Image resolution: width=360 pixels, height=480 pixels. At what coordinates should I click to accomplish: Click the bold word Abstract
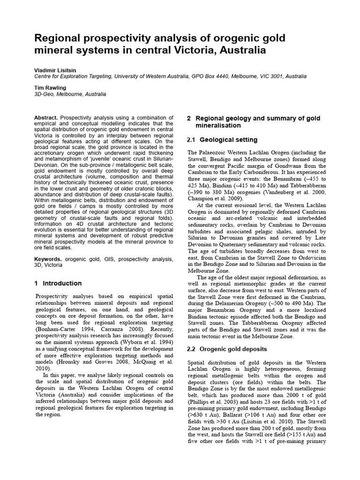click(46, 117)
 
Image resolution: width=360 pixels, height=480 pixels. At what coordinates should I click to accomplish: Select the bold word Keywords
click(48, 259)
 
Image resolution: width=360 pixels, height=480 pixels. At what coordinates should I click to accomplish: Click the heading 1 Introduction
click(58, 283)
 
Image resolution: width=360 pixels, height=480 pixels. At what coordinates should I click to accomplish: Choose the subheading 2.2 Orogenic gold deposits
click(227, 349)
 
